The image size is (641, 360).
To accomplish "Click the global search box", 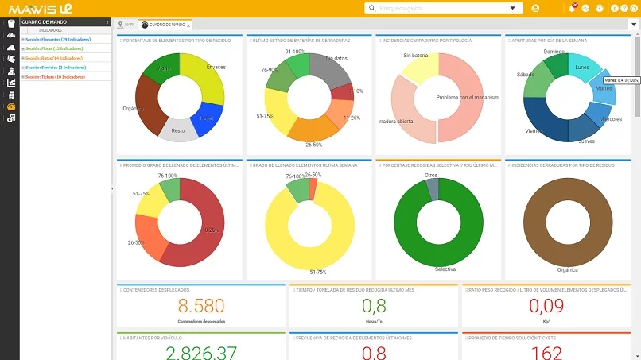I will (x=437, y=8).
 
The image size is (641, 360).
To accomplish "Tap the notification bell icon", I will (x=572, y=8).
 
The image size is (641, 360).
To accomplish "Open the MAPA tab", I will (x=126, y=25).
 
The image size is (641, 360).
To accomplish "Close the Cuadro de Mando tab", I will (x=188, y=25).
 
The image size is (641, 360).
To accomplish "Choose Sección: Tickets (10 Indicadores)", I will (x=55, y=77).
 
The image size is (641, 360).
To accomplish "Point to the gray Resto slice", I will (x=179, y=130).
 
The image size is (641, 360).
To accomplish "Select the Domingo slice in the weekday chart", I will (x=555, y=62).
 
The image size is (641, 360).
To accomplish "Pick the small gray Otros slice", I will (x=432, y=187).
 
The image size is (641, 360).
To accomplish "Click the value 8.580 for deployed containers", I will (x=201, y=307).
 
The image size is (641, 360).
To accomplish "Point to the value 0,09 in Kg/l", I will (x=546, y=307).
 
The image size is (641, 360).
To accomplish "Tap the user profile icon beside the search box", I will (x=535, y=8).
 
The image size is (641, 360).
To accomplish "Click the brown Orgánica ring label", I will (x=567, y=269).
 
